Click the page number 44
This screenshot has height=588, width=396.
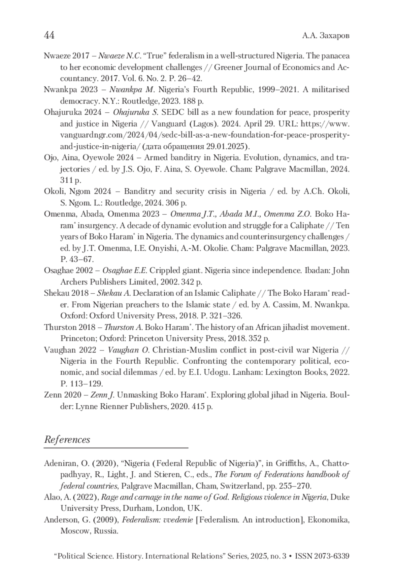pyautogui.click(x=49, y=35)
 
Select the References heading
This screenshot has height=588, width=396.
pyautogui.click(x=67, y=440)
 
